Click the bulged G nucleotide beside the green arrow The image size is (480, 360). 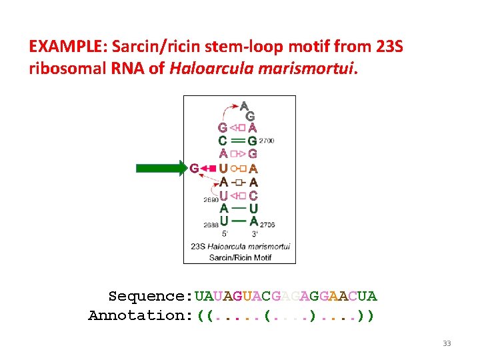tap(194, 168)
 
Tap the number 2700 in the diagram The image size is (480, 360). tap(266, 141)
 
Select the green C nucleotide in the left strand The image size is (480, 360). tap(223, 141)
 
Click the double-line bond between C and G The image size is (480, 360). tap(238, 141)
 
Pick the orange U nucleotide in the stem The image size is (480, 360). tap(223, 168)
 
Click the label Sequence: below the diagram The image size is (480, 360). tap(150, 295)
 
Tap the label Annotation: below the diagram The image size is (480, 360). tap(141, 315)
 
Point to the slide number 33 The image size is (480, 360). tap(447, 343)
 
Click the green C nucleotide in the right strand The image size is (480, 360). tap(253, 195)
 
